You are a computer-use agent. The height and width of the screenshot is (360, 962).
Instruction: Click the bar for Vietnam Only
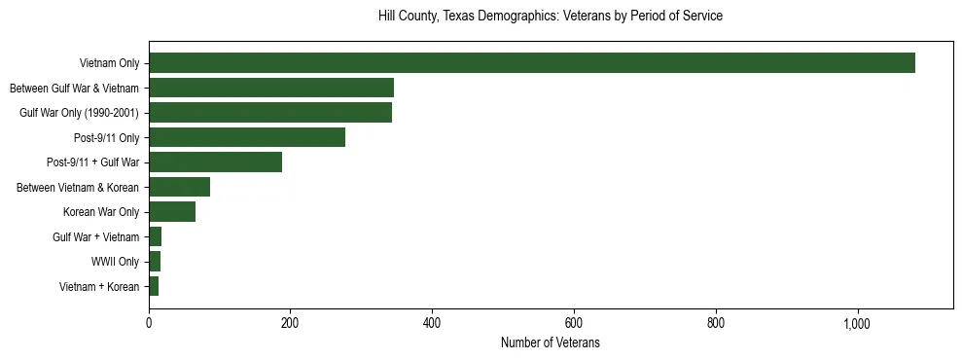(x=532, y=63)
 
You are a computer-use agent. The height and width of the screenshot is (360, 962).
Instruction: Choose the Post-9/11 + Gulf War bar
(x=215, y=162)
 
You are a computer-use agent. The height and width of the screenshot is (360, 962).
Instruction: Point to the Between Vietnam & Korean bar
(x=179, y=187)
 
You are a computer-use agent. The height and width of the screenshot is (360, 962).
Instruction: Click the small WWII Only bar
(x=155, y=262)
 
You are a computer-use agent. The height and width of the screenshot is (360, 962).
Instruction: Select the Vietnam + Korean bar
(x=154, y=286)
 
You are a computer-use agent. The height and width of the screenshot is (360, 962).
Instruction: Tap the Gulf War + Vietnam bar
(x=156, y=236)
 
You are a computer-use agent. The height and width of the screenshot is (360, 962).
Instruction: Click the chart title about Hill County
(x=551, y=17)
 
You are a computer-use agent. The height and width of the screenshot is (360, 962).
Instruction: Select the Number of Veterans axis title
(x=551, y=342)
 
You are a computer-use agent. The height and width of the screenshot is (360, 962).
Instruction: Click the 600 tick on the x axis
(x=574, y=323)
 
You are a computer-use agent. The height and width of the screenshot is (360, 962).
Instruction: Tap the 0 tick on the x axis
(x=149, y=323)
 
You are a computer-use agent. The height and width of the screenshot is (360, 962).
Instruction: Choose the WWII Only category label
(x=115, y=262)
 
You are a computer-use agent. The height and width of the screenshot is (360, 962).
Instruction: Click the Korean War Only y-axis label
(x=101, y=212)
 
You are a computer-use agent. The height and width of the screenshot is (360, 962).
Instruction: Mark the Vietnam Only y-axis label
(x=109, y=63)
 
